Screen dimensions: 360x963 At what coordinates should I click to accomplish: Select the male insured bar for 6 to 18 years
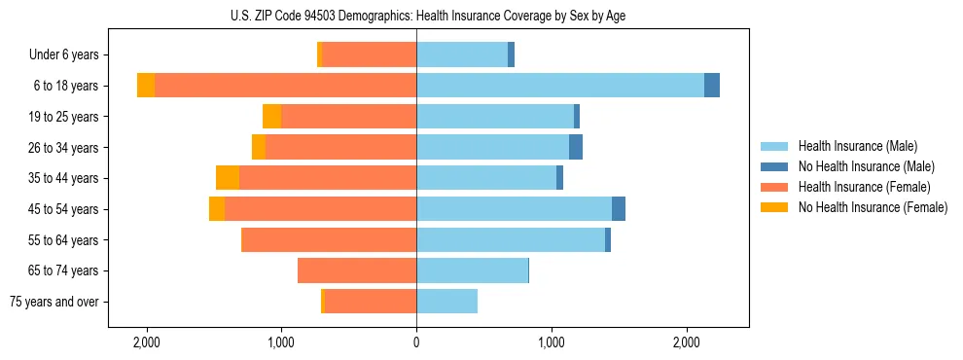coord(559,86)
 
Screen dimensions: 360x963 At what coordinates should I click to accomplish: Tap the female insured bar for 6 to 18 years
coord(285,86)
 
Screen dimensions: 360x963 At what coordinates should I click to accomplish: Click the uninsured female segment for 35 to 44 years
coord(228,178)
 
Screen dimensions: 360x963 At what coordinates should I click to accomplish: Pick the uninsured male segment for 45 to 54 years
coord(619,209)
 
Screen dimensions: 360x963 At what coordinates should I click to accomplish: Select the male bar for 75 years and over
coord(446,302)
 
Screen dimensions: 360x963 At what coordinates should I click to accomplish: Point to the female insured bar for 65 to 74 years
coord(357,270)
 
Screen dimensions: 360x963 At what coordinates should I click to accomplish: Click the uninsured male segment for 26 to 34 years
coord(576,147)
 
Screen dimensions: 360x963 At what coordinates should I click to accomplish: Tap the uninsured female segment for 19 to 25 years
coord(271,117)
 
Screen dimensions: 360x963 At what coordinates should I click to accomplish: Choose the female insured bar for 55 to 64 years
coord(329,239)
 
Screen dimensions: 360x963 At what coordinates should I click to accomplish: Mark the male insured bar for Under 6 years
coord(462,54)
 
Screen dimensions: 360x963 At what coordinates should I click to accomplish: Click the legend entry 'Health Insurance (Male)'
coord(857,146)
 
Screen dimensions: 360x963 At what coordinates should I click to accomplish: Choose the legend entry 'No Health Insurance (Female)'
coord(873,207)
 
